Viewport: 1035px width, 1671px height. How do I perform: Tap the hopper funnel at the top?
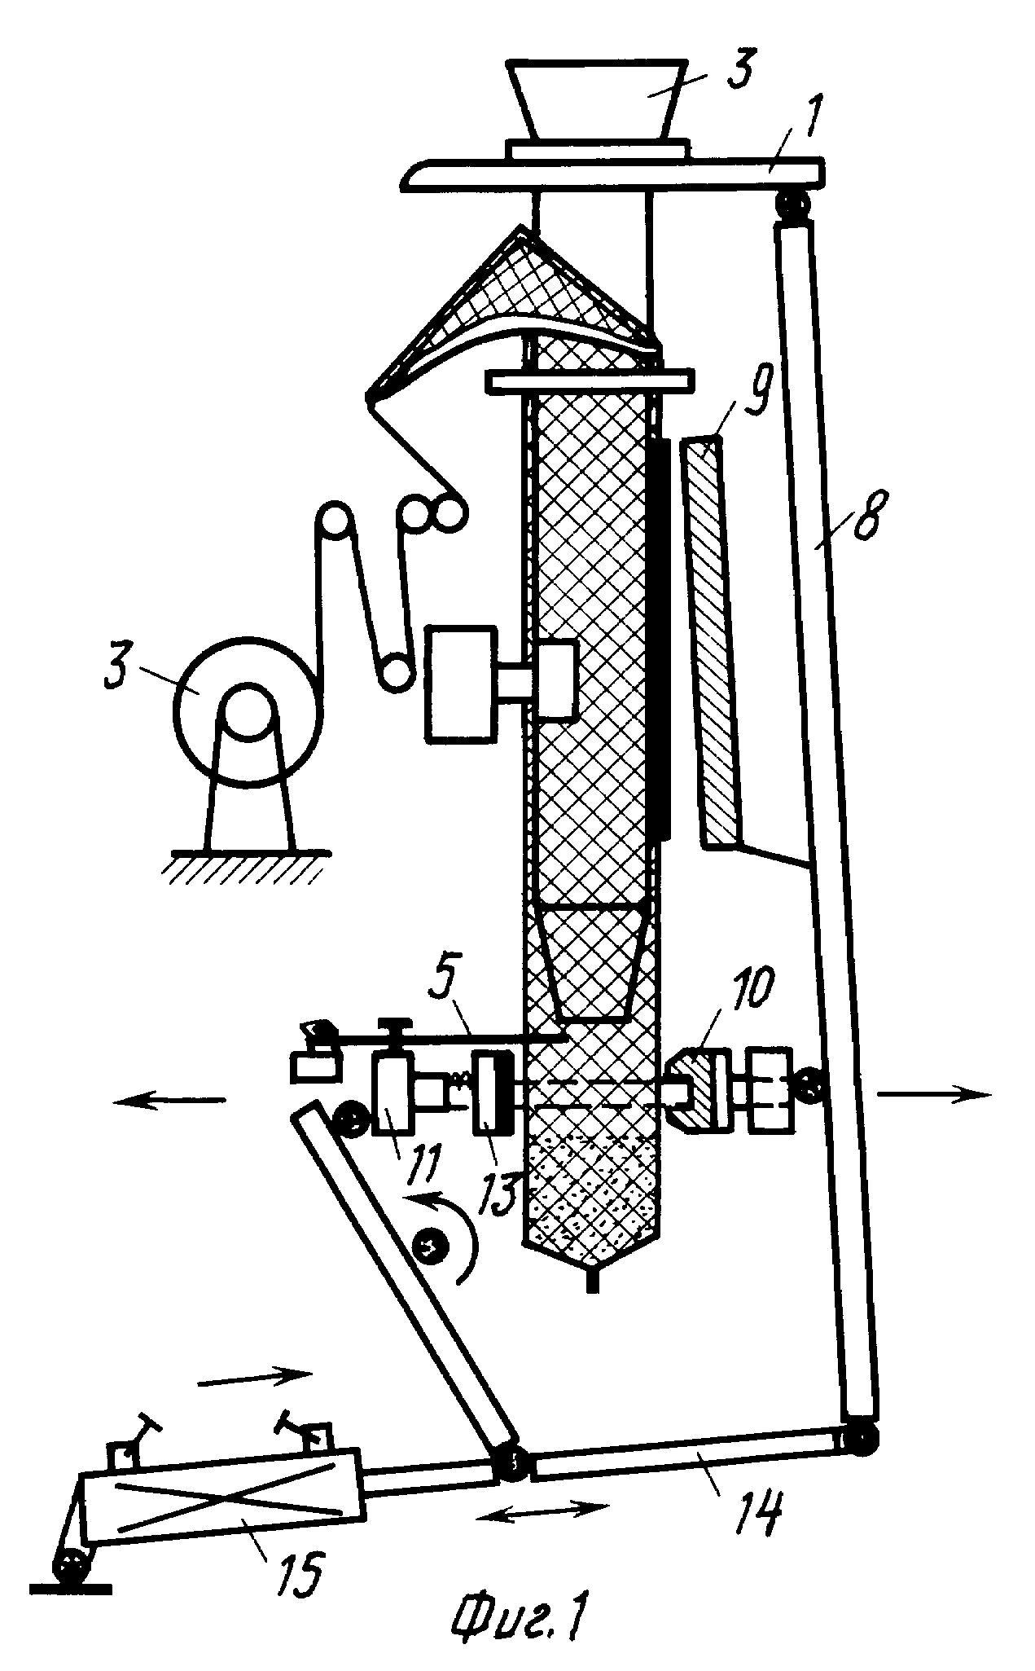pyautogui.click(x=595, y=100)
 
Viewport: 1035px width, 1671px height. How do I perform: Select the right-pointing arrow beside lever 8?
pyautogui.click(x=935, y=1095)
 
